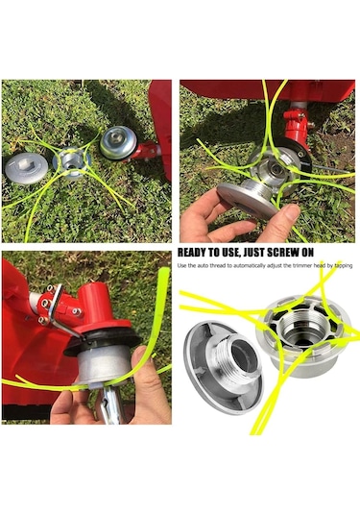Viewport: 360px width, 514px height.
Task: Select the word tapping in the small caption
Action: pos(344,266)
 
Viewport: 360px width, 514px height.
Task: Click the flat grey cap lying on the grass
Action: pos(26,168)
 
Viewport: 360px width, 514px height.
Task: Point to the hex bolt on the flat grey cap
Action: pos(25,163)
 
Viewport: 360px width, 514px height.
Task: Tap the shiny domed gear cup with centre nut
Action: pos(118,143)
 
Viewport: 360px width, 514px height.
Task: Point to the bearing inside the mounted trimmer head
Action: pos(275,170)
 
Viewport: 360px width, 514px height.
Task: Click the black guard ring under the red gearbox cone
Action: pos(103,338)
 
